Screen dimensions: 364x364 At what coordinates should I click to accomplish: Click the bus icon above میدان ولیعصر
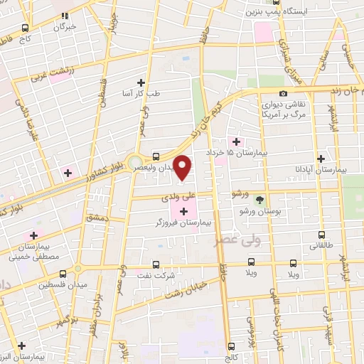click(156, 156)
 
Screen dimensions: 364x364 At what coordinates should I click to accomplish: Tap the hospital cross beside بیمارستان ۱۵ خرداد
click(229, 141)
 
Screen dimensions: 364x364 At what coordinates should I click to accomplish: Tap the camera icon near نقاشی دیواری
click(284, 94)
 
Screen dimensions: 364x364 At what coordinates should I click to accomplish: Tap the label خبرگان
click(64, 26)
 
